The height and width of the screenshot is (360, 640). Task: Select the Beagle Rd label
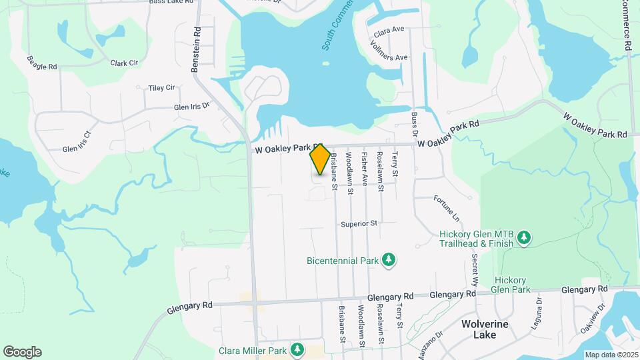(x=42, y=63)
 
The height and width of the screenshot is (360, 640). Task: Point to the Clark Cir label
(x=124, y=63)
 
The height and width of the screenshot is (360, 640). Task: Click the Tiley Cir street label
(x=161, y=88)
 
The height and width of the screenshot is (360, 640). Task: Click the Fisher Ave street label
(x=364, y=169)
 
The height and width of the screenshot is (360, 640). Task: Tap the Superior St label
(x=359, y=223)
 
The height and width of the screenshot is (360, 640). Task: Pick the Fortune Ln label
(x=447, y=209)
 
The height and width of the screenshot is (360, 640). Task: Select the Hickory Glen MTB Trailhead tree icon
(x=525, y=238)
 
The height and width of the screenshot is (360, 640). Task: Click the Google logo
(x=22, y=352)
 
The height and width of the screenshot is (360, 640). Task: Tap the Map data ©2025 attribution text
(x=611, y=355)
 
